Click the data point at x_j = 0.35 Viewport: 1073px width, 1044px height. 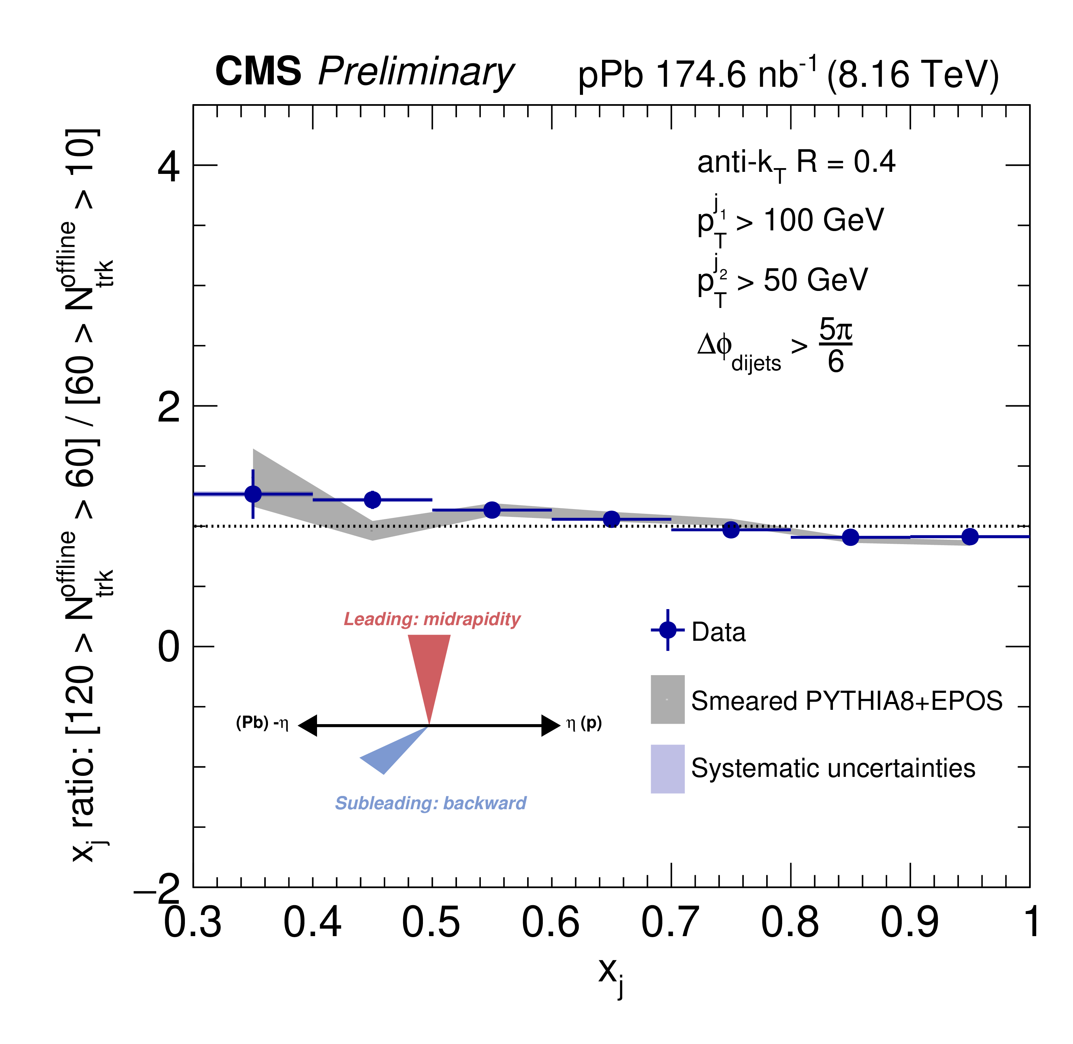click(253, 494)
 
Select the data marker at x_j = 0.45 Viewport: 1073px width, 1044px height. click(373, 500)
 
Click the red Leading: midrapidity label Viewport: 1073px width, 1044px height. click(432, 619)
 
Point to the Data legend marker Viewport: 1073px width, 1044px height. click(668, 630)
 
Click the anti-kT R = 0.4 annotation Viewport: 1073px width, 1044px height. click(796, 163)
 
